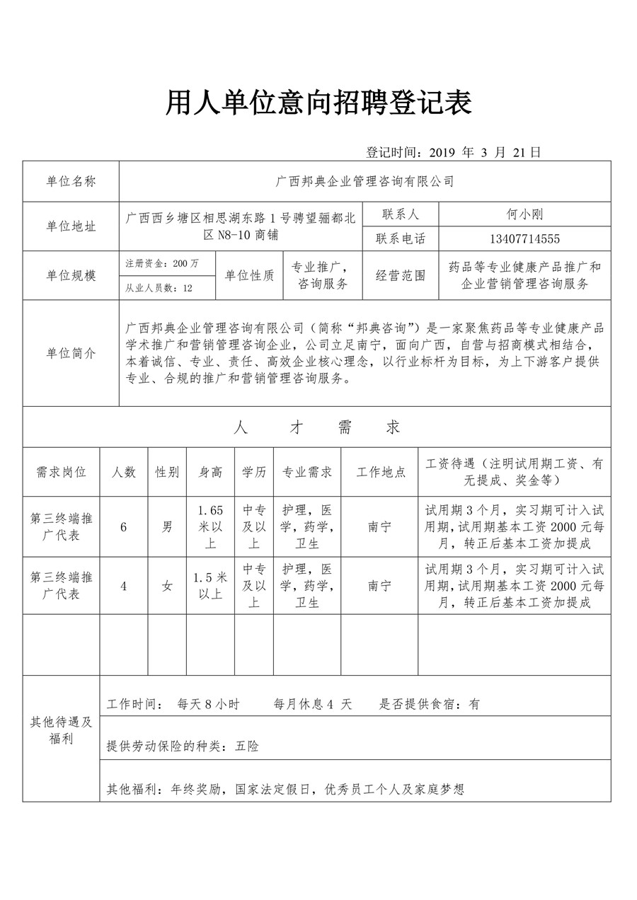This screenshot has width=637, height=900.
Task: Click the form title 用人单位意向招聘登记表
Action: (x=318, y=103)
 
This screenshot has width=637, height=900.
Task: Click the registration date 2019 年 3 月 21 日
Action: (x=454, y=151)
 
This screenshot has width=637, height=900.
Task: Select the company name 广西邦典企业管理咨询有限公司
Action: (x=365, y=181)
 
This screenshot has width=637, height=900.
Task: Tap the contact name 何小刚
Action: (x=524, y=214)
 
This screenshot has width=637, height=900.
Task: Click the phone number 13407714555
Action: (x=524, y=238)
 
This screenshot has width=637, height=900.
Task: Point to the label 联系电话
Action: (x=401, y=238)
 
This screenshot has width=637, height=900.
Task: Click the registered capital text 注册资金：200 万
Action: (x=162, y=263)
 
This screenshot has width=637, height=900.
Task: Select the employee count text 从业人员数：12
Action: (x=159, y=288)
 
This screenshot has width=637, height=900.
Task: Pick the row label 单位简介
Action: (x=71, y=353)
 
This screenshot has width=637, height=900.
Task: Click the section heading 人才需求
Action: (x=316, y=427)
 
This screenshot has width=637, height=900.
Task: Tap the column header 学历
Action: (x=254, y=472)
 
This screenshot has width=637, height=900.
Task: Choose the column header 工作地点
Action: (x=380, y=472)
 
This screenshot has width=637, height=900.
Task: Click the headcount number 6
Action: (x=124, y=527)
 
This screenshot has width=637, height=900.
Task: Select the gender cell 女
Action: (x=167, y=586)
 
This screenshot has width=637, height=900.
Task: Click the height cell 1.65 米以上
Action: (x=211, y=527)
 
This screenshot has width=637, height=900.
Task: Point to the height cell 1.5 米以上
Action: (x=211, y=586)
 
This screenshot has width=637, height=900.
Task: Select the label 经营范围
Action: (x=401, y=276)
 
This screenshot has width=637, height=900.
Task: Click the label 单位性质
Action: (x=249, y=276)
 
